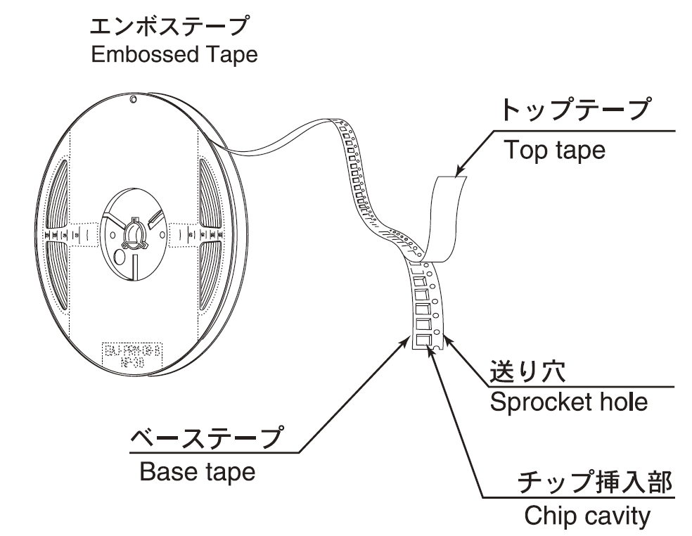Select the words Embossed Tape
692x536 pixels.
(x=174, y=55)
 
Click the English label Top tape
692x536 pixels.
(x=555, y=150)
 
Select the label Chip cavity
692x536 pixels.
(x=587, y=516)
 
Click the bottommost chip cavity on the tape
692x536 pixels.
(x=423, y=340)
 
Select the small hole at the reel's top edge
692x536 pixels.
(x=134, y=101)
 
